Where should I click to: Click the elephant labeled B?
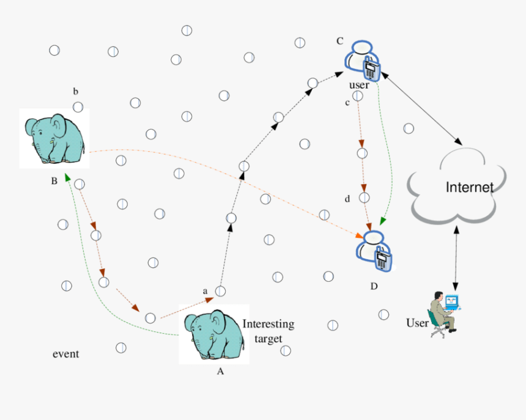54,139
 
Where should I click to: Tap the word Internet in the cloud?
469,187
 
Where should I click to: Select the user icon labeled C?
363,60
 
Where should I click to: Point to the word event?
65,354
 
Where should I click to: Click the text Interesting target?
269,330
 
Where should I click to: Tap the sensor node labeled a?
220,292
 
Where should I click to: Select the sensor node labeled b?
78,107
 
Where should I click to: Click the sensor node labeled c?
358,96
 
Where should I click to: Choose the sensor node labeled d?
364,197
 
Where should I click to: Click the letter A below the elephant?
221,370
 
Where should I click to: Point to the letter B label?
54,181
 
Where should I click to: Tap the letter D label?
374,286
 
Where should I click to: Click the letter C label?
340,41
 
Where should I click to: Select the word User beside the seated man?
417,323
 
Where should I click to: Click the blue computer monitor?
451,301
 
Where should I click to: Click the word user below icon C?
359,85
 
